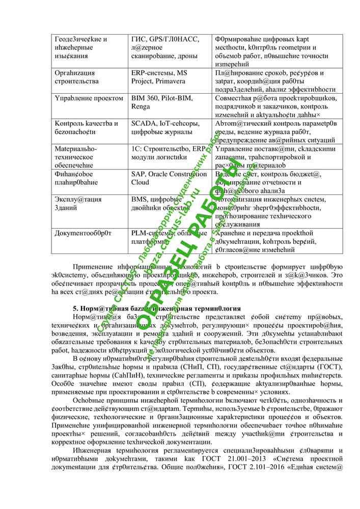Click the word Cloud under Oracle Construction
pyautogui.click(x=141, y=182)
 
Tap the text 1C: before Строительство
pyautogui.click(x=136, y=149)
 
